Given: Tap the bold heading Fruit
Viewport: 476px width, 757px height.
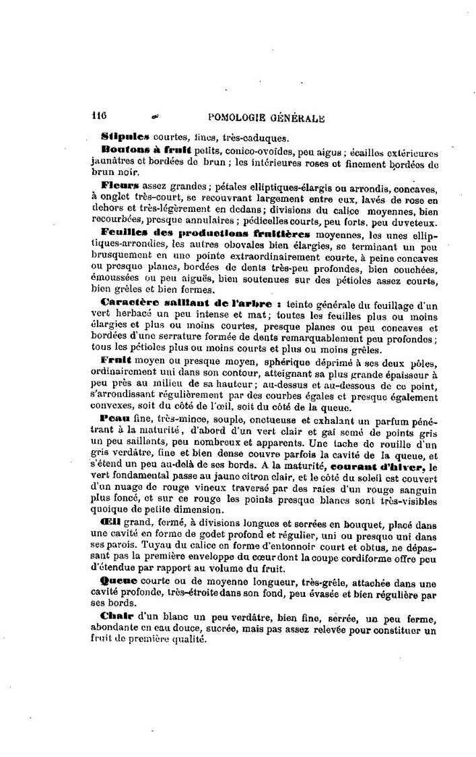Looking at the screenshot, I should pyautogui.click(x=114, y=359).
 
